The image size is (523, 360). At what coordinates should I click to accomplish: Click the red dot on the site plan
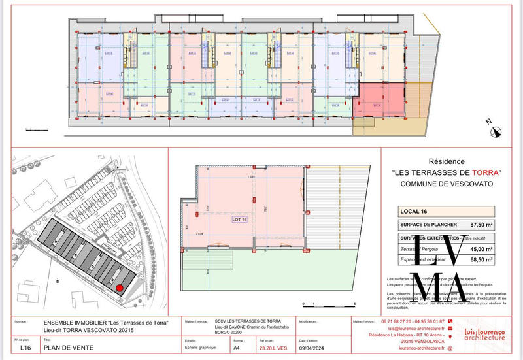point(120,287)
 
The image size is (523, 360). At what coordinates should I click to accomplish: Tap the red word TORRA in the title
point(482,172)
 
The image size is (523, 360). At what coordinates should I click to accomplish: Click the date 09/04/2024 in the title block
point(312,349)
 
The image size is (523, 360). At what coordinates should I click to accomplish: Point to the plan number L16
point(25,349)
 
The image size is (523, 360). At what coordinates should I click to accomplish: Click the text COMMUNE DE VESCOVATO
point(446,184)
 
